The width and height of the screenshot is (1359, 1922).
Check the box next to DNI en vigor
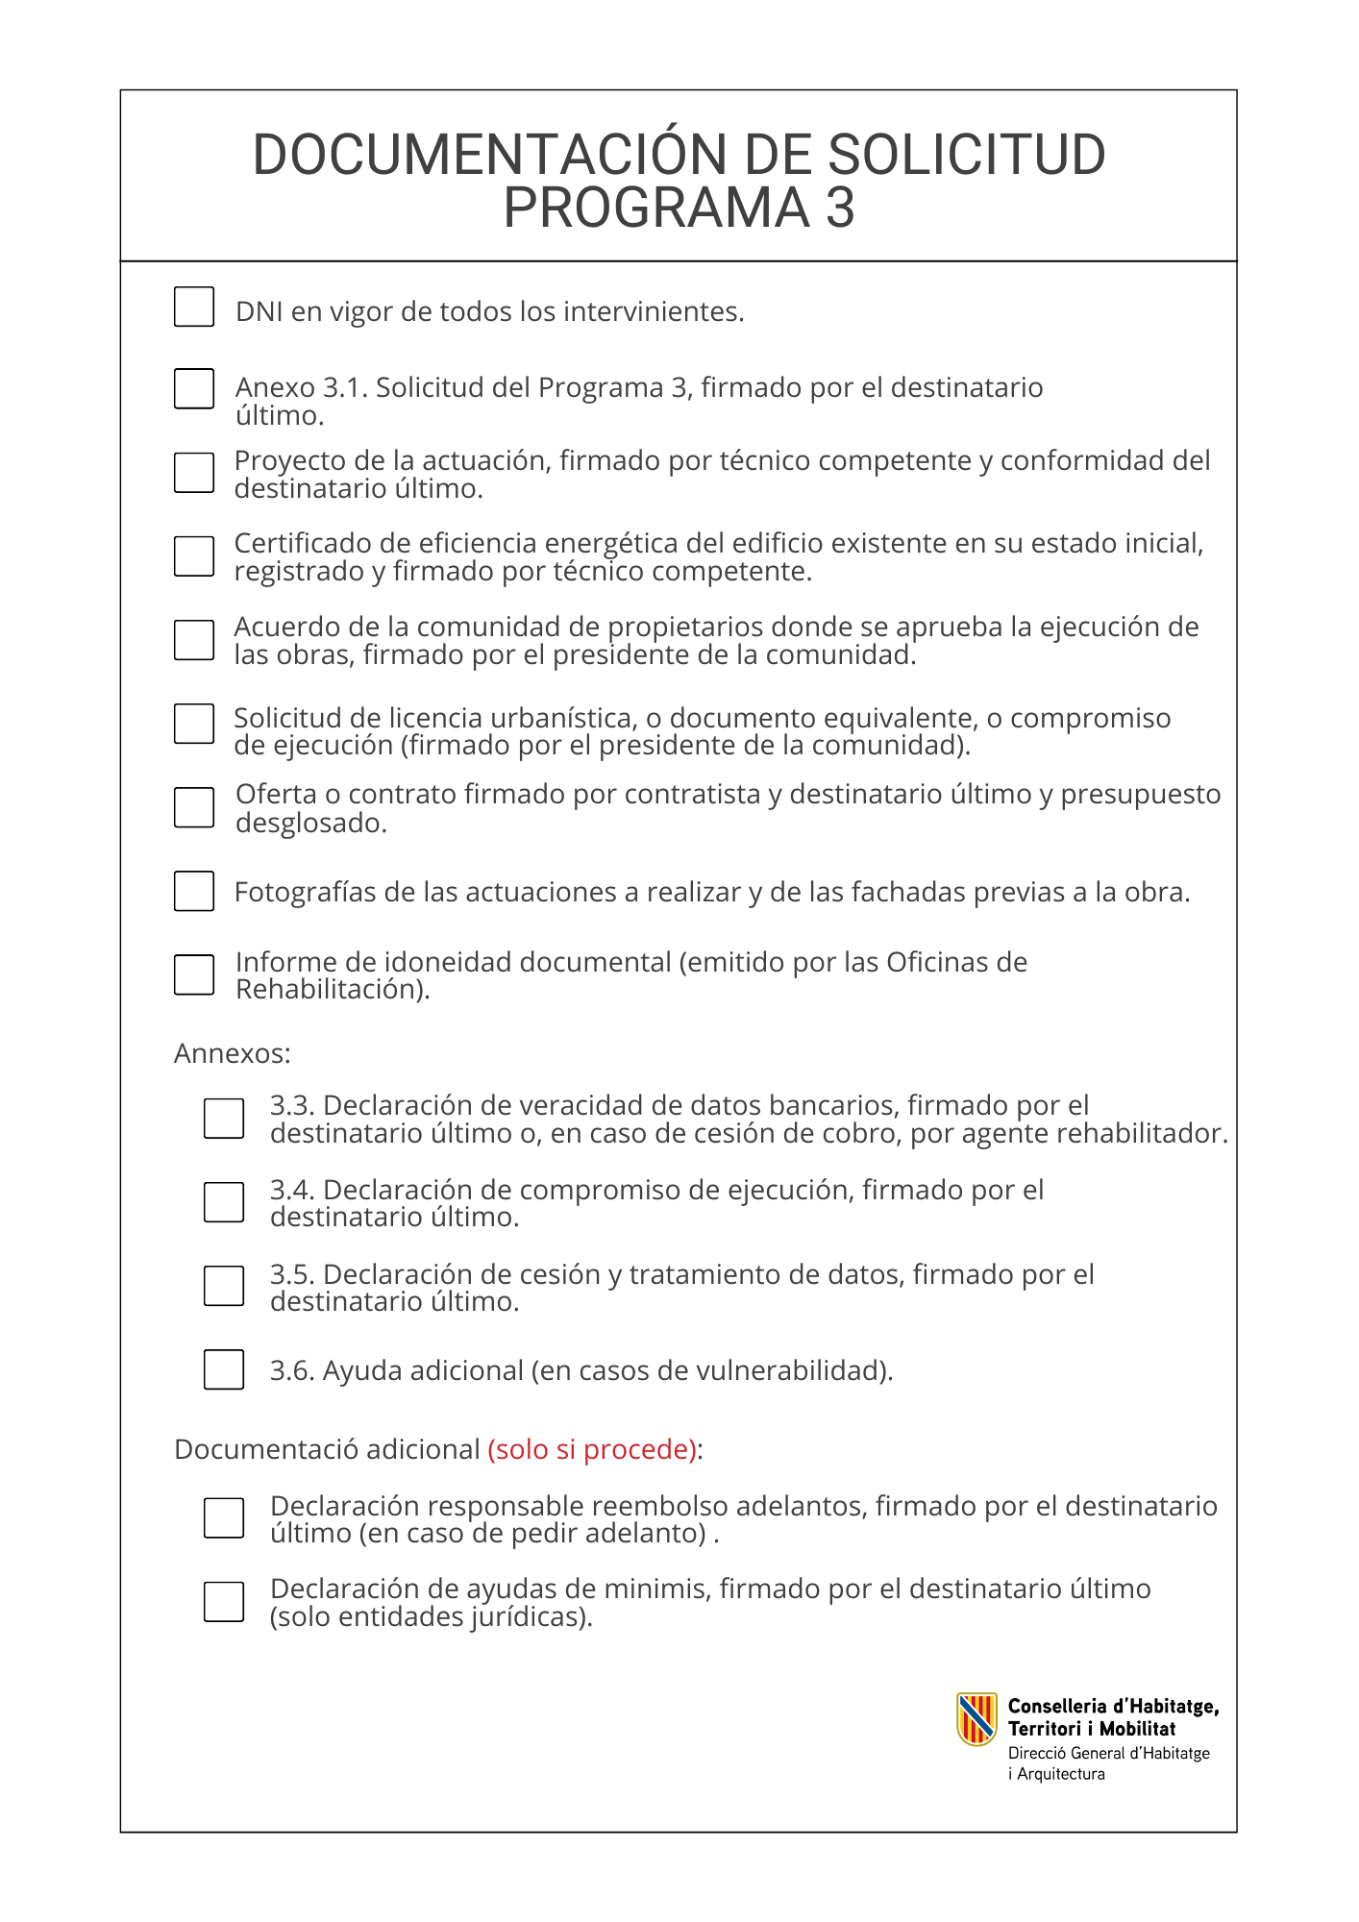(194, 307)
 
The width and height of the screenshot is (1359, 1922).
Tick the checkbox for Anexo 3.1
(194, 388)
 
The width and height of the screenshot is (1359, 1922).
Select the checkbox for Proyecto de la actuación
(194, 473)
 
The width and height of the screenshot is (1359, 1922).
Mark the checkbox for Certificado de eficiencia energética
(194, 556)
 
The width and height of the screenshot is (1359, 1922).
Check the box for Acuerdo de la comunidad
(194, 640)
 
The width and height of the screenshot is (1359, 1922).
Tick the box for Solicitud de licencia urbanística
(194, 724)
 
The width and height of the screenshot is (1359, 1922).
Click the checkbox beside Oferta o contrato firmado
(194, 807)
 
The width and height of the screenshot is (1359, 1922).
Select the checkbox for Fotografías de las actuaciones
(194, 891)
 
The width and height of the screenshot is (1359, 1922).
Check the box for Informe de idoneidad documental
(194, 974)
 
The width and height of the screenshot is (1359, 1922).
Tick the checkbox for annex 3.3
(224, 1119)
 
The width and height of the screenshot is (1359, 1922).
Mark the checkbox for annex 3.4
(224, 1202)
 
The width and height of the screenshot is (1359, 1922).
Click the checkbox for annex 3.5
(224, 1286)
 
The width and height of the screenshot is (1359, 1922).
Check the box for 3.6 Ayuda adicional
(224, 1369)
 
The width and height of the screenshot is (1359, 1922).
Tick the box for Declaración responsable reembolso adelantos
(224, 1518)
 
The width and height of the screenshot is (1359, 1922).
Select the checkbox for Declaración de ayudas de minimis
(224, 1602)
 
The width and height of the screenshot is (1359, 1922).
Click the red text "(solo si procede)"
(592, 1449)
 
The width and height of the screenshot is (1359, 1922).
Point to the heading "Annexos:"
(232, 1054)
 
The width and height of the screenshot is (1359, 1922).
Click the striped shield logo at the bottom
(976, 1719)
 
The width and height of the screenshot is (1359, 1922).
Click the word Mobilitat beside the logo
(1137, 1729)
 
